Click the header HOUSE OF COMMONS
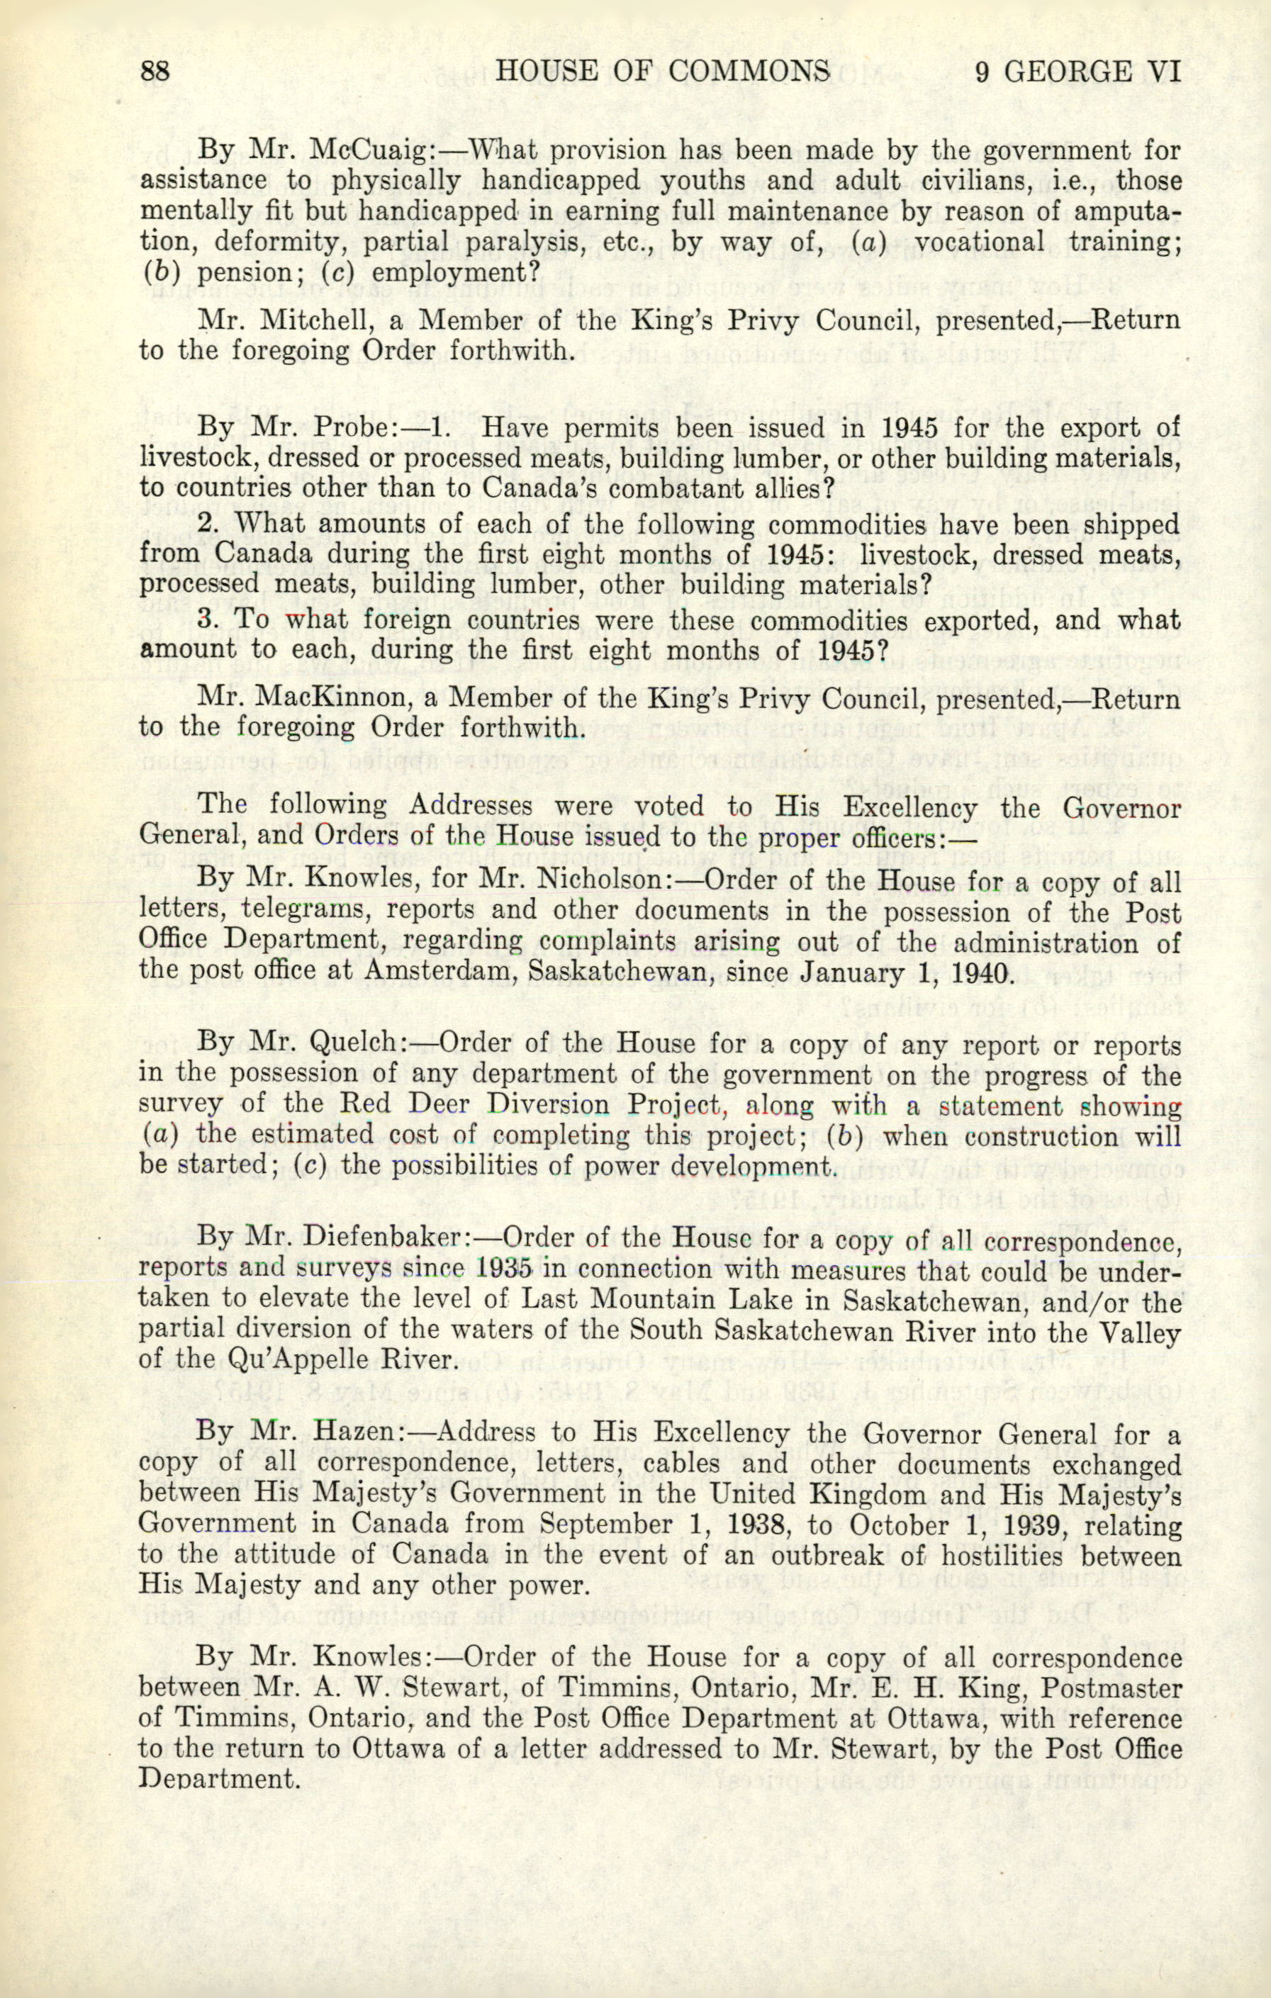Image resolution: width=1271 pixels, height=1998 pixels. (662, 72)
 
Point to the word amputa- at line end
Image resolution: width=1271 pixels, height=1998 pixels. (1126, 212)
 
